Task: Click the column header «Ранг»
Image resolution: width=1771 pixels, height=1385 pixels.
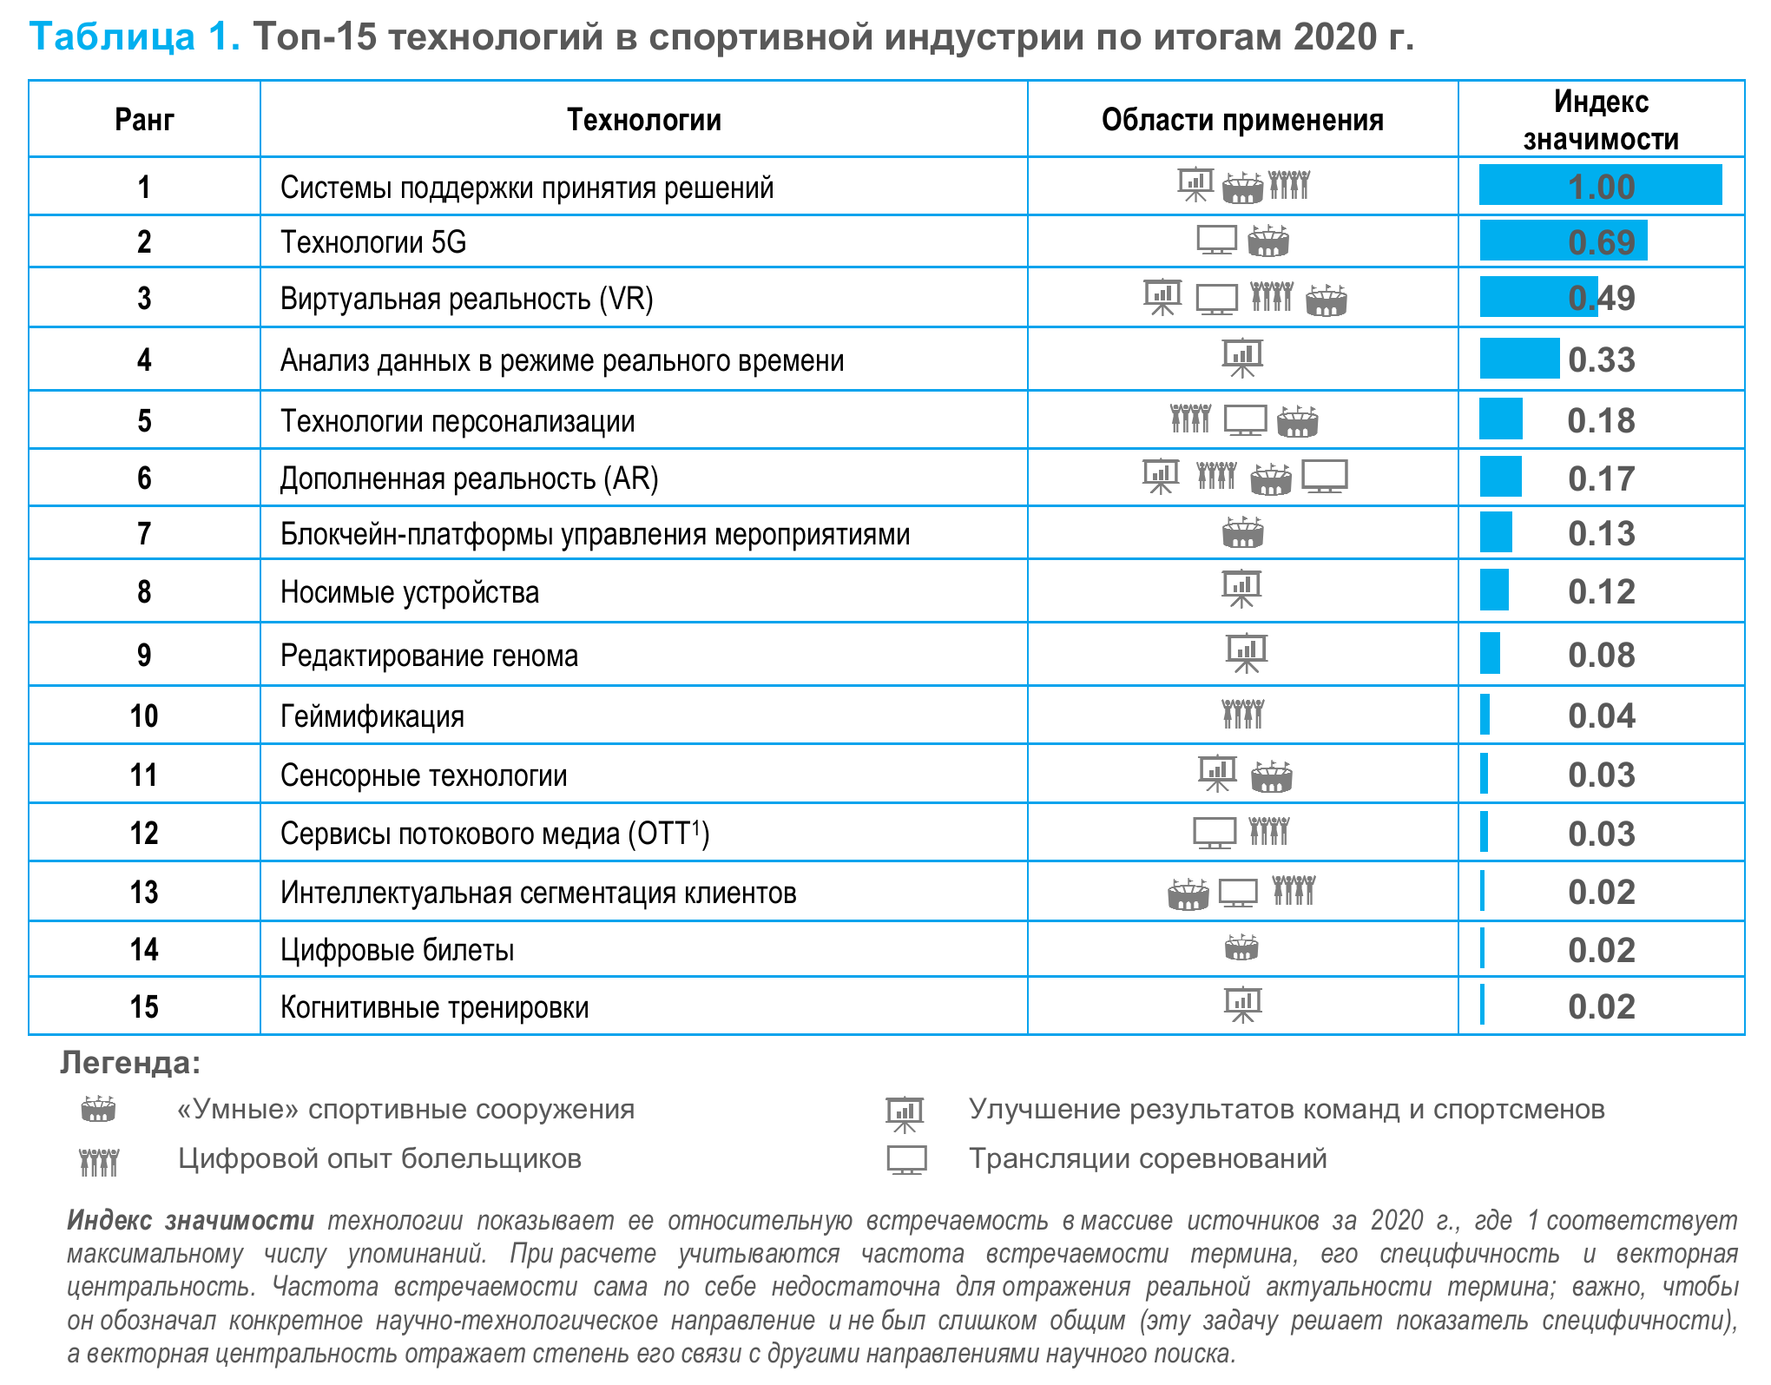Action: click(144, 120)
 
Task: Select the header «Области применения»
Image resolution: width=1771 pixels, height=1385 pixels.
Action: click(1242, 120)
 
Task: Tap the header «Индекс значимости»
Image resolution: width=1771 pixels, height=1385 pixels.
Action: click(1601, 120)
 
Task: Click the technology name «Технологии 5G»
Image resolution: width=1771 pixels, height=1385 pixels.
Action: click(373, 242)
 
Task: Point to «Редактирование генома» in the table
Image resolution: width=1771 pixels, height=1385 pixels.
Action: click(429, 656)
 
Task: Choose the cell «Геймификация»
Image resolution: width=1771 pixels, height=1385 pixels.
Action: click(372, 716)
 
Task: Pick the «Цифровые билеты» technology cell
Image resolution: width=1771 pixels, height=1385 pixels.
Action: click(397, 950)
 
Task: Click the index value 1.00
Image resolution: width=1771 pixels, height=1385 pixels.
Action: click(1601, 187)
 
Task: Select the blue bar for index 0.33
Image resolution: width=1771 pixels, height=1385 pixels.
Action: click(1519, 359)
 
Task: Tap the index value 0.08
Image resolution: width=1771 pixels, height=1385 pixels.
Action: click(1601, 656)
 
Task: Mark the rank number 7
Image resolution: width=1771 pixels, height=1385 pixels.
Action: click(144, 533)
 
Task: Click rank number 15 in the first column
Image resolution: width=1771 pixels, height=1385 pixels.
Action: click(144, 1006)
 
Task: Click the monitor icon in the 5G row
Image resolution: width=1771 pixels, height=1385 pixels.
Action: click(1216, 241)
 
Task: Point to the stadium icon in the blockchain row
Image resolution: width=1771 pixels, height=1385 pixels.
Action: click(1242, 532)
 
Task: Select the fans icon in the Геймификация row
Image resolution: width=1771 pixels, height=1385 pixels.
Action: click(1242, 715)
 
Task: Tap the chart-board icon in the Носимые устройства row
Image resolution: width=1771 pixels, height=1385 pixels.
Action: click(1241, 590)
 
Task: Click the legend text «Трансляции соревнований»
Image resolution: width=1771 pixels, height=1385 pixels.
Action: click(1148, 1158)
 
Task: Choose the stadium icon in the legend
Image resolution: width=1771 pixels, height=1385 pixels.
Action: click(98, 1109)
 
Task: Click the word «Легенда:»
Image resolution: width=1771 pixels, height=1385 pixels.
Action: click(130, 1063)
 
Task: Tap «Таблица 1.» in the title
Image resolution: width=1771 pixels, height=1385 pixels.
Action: click(135, 36)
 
